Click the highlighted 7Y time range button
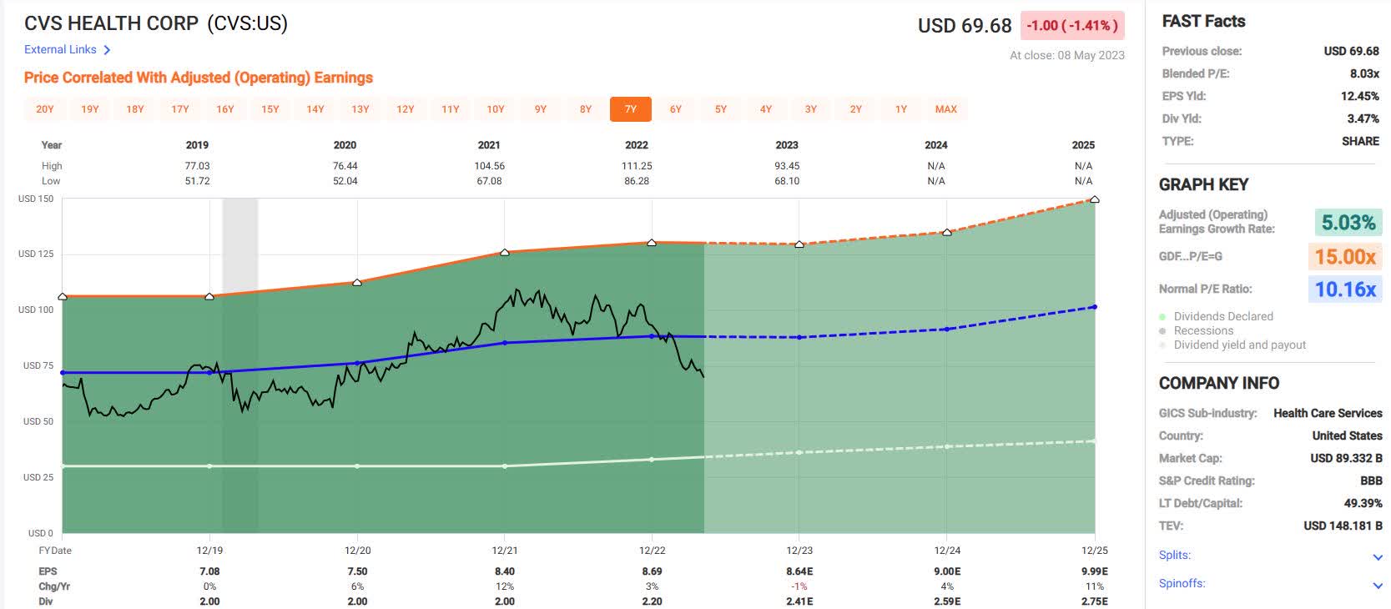tap(630, 109)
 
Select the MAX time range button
tap(945, 109)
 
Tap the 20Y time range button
tap(45, 109)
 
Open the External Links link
tap(67, 50)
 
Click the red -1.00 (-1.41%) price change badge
tap(1071, 26)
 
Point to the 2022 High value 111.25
tap(636, 166)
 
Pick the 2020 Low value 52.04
tap(345, 181)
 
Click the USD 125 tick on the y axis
tap(35, 254)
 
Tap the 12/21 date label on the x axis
tap(504, 551)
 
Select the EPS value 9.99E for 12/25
tap(1094, 571)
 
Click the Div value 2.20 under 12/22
tap(652, 601)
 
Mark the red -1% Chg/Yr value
tap(799, 586)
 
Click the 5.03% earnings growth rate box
tap(1348, 223)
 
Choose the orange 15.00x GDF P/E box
tap(1345, 257)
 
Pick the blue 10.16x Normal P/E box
tap(1345, 289)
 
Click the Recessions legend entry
tap(1202, 330)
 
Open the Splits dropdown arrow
tap(1377, 557)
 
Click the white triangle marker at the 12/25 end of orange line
tap(1094, 199)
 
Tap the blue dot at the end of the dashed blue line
tap(1094, 307)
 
